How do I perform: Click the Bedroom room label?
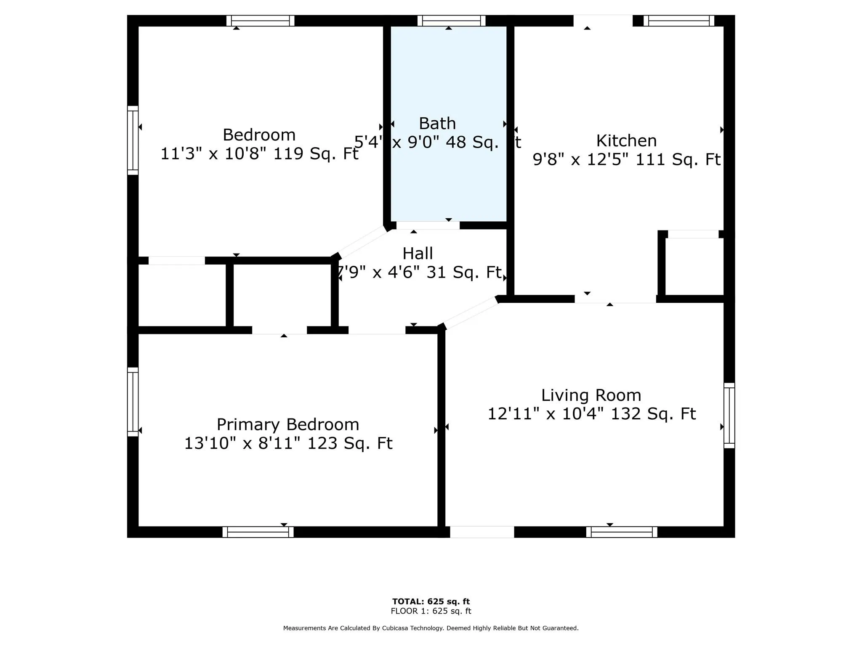pos(259,135)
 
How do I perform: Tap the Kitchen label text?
pos(626,140)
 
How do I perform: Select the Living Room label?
pos(591,395)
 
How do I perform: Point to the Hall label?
pos(418,254)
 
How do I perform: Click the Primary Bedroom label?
pos(288,424)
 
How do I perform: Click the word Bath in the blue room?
pos(437,124)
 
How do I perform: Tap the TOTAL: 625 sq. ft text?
pos(431,601)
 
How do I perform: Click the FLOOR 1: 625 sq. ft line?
pos(431,611)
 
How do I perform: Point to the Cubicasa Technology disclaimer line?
pos(431,628)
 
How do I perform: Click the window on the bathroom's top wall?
pos(451,21)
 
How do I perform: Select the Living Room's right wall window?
pos(729,416)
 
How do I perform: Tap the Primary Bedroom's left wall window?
pos(133,402)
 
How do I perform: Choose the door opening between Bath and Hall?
pos(428,225)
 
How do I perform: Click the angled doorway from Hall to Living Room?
pos(470,312)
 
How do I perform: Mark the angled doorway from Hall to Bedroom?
pos(362,242)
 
